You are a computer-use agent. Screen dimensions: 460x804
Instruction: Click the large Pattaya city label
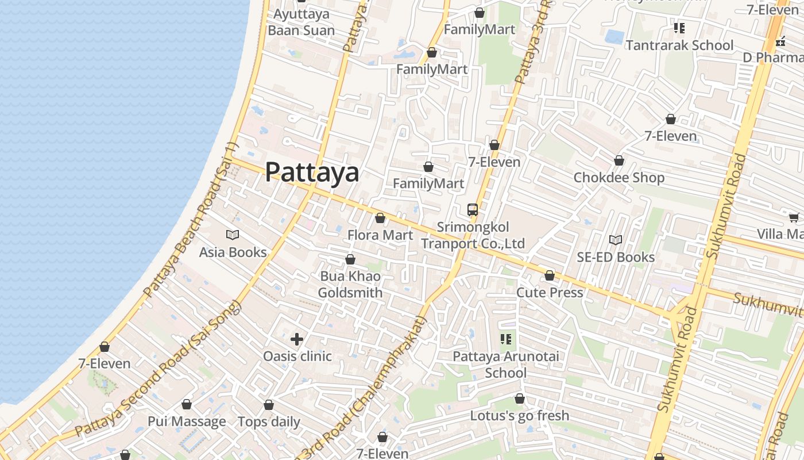[x=312, y=172]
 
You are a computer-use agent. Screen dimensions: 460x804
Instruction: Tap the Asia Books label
[x=233, y=252]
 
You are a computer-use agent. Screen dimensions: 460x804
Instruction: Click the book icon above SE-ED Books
[x=616, y=240]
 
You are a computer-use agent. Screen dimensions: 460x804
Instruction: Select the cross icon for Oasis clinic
[x=297, y=339]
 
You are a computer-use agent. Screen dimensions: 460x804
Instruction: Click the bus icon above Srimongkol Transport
[x=473, y=210]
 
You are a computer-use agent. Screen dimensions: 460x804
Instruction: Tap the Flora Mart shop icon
[x=380, y=218]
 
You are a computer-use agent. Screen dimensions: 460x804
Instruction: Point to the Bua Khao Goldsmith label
[x=350, y=285]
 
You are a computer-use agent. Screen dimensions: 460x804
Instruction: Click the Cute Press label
[x=550, y=293]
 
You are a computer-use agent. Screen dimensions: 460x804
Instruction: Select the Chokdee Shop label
[x=619, y=178]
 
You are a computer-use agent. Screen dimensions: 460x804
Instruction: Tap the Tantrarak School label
[x=679, y=45]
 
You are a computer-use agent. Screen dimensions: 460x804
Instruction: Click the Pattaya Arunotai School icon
[x=506, y=339]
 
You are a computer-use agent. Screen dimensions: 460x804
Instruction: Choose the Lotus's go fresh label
[x=520, y=416]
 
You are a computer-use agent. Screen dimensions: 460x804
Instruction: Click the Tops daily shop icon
[x=268, y=405]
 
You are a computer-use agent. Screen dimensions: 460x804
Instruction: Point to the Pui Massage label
[x=187, y=421]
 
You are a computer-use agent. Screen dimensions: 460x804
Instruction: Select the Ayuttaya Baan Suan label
[x=301, y=22]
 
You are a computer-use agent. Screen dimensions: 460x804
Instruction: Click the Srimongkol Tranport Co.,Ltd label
[x=473, y=236]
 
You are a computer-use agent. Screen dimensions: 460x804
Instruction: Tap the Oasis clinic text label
[x=297, y=356]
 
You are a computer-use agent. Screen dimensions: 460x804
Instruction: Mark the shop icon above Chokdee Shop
[x=619, y=160]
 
